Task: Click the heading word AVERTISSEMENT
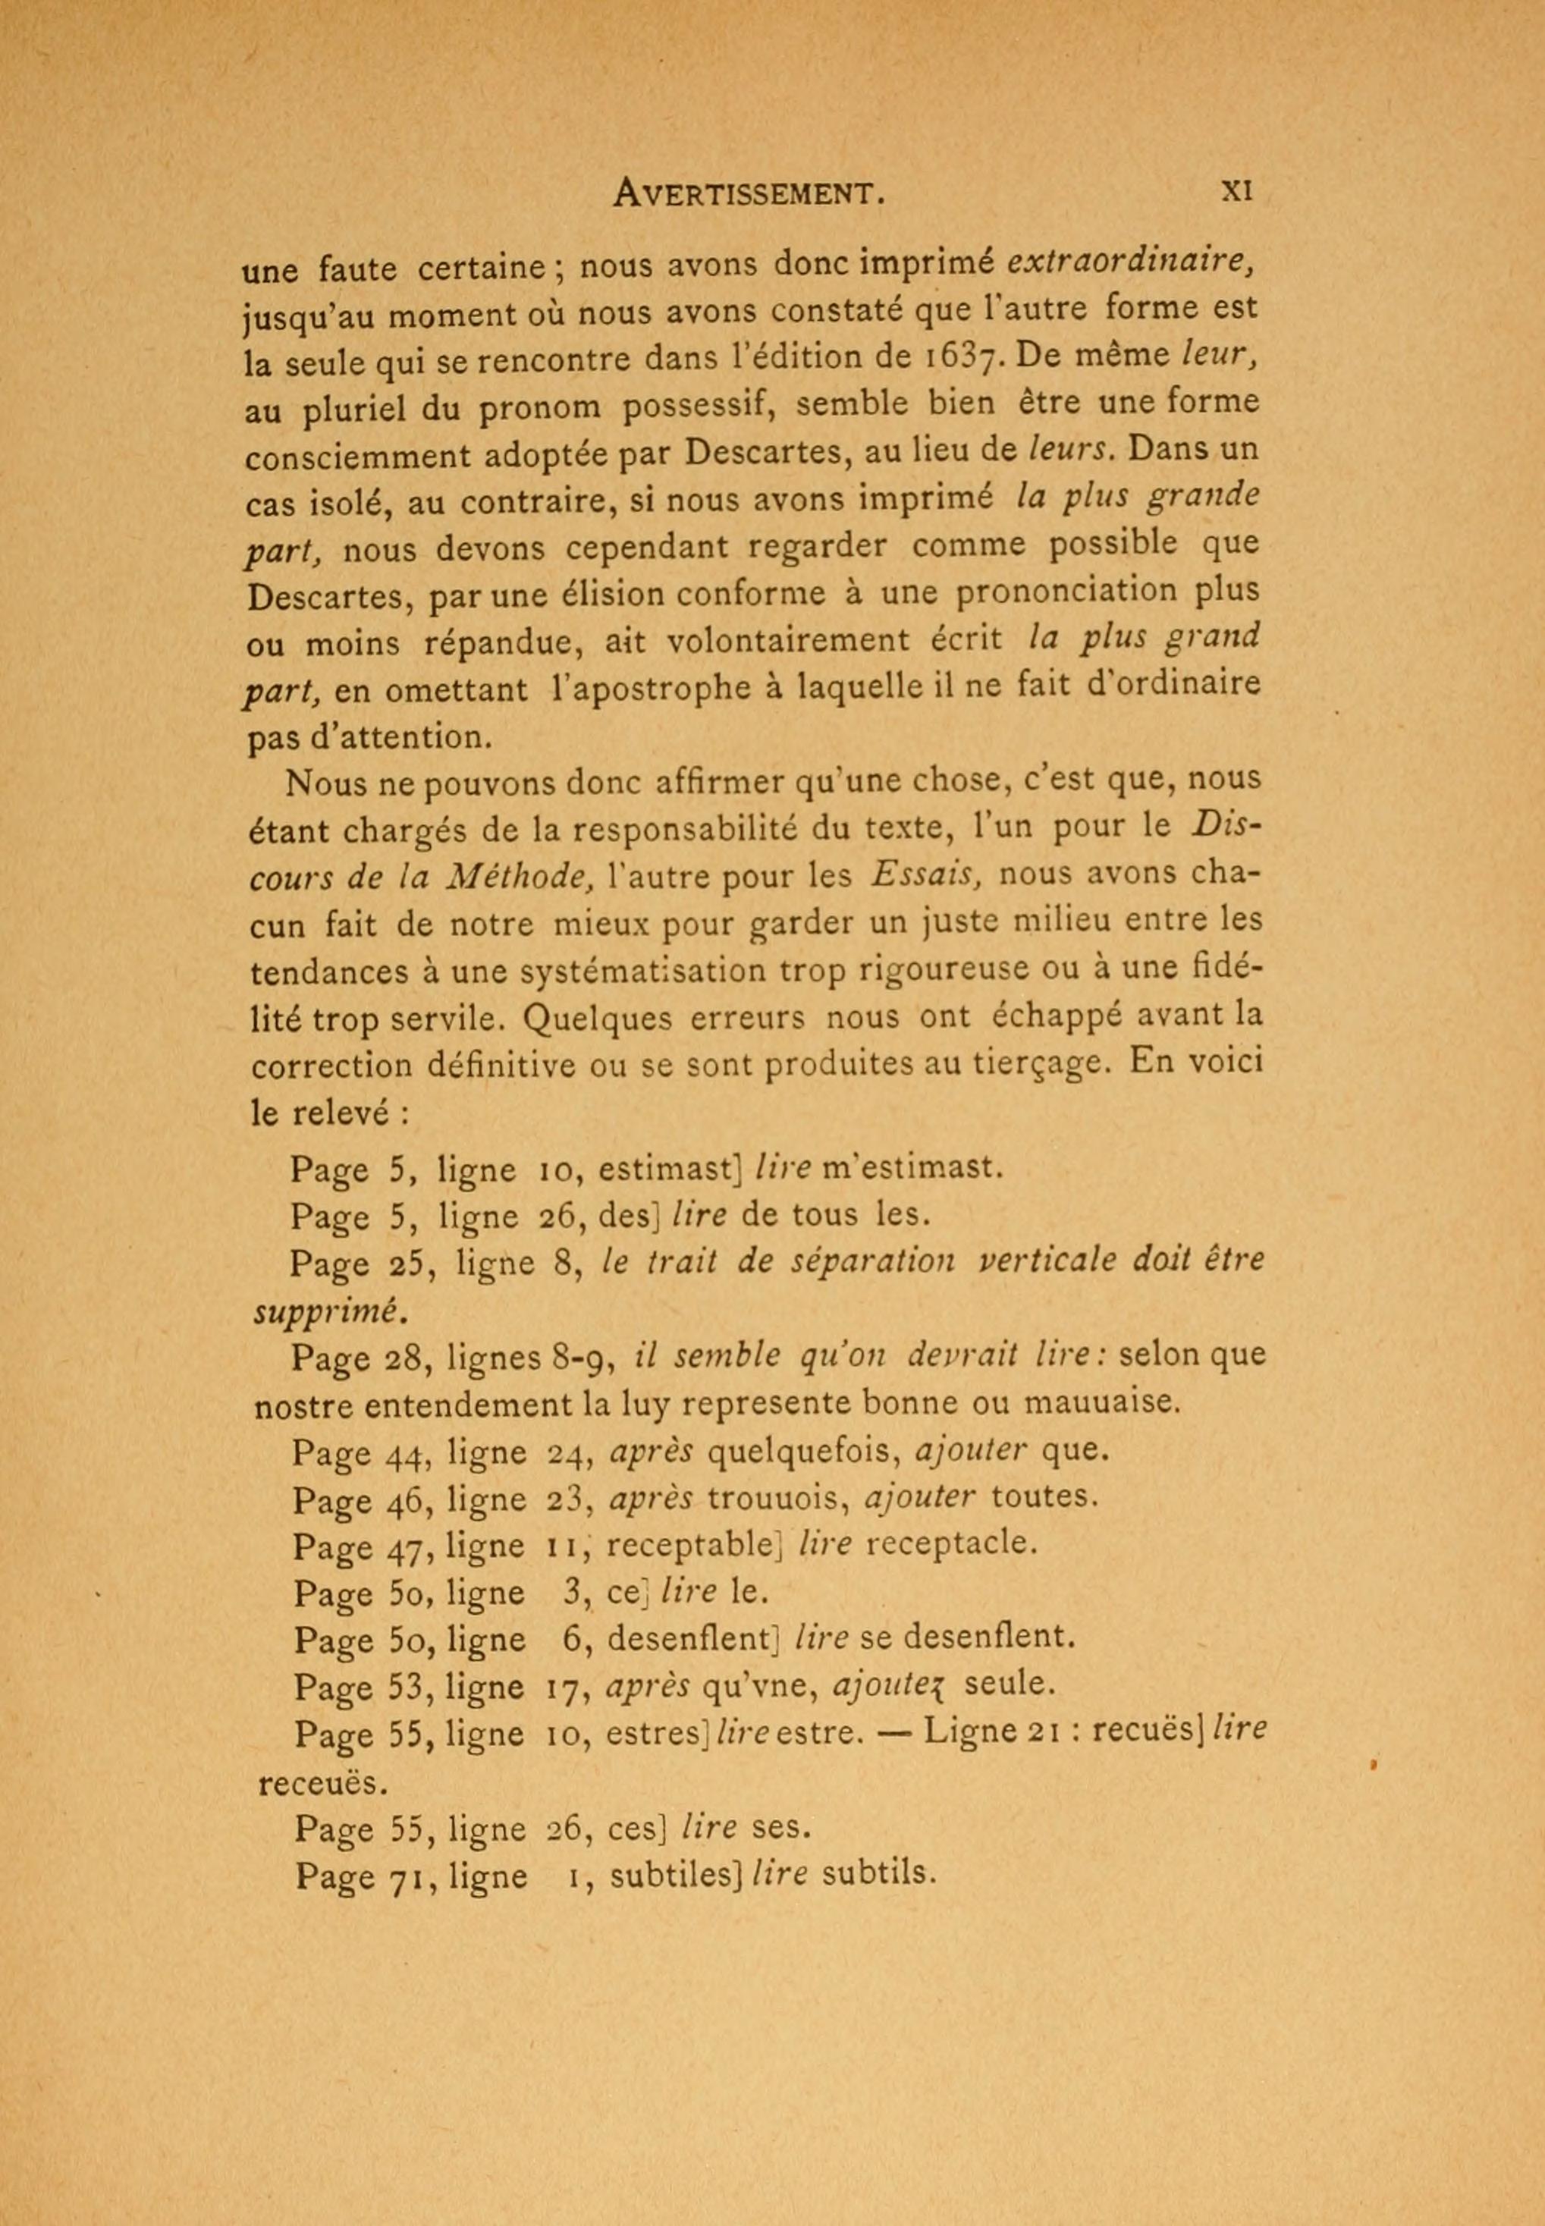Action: click(749, 193)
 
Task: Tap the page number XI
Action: click(1236, 190)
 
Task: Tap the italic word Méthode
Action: click(523, 877)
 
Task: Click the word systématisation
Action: click(658, 971)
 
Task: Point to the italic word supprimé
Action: click(325, 1312)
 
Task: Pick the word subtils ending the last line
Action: click(878, 1875)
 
